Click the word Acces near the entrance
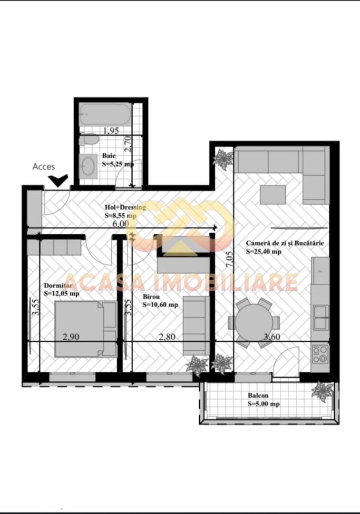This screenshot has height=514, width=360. [43, 167]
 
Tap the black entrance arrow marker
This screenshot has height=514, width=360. [59, 180]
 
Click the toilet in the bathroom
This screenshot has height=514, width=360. [88, 140]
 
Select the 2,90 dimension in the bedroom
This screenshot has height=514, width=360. [71, 337]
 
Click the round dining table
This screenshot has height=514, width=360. [254, 322]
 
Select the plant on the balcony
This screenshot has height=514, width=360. [322, 391]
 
